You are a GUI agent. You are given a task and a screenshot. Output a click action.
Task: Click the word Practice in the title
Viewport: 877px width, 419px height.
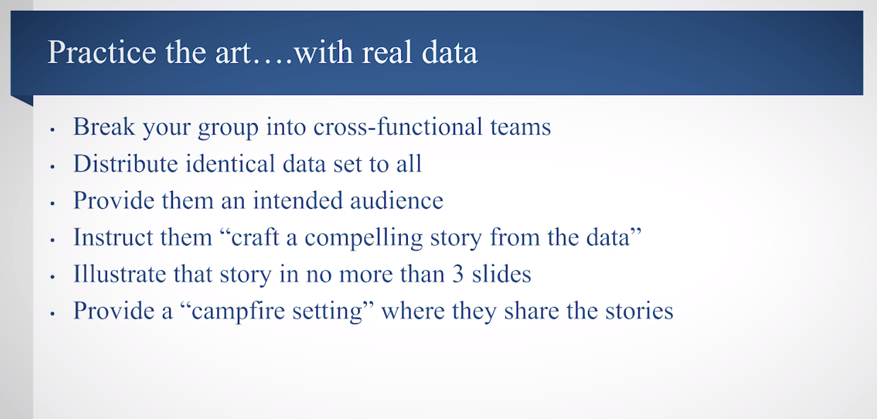(x=102, y=53)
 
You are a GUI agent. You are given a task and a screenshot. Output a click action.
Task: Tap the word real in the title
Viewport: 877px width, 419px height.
(x=387, y=53)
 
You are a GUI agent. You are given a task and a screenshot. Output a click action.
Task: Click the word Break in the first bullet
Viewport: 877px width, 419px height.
(x=104, y=127)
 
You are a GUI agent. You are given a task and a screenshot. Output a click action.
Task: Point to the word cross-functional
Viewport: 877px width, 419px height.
(x=398, y=126)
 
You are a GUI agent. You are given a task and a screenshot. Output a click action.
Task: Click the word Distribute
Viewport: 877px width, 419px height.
(x=126, y=164)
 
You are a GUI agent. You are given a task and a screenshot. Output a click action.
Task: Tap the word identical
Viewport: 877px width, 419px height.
(x=230, y=164)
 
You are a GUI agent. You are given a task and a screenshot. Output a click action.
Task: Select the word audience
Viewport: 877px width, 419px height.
(x=396, y=200)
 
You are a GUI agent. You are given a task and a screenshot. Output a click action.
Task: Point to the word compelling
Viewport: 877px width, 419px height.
(x=364, y=238)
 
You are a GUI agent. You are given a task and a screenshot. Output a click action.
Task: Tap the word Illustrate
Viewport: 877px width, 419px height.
(x=120, y=273)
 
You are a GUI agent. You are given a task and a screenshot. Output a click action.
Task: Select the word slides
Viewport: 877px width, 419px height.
(x=501, y=273)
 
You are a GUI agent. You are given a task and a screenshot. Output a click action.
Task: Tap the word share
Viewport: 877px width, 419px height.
(x=531, y=311)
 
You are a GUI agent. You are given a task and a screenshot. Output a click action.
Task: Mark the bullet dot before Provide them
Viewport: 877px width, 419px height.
(x=53, y=203)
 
